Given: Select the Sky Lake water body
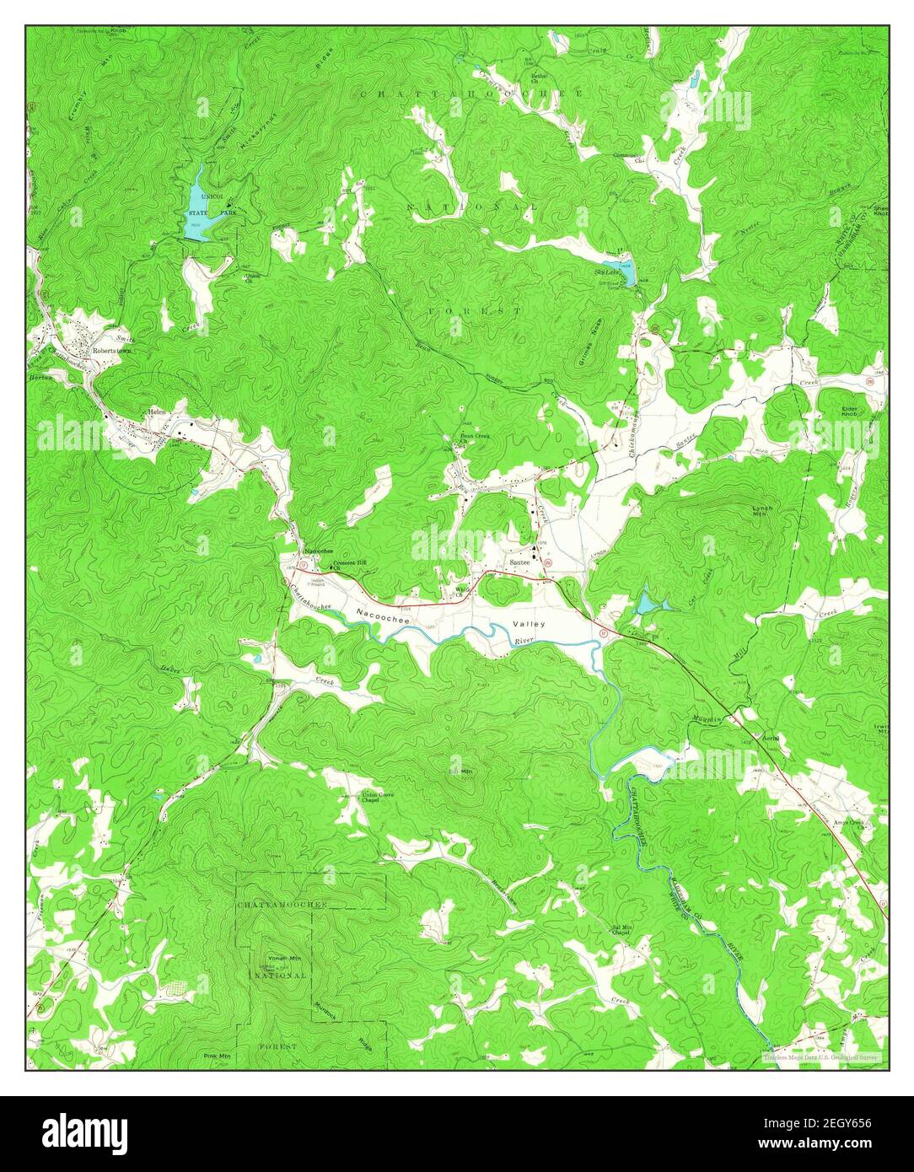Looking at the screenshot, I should [625, 275].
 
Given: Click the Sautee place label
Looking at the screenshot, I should [519, 562].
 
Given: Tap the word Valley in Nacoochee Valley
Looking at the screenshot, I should [530, 624].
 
